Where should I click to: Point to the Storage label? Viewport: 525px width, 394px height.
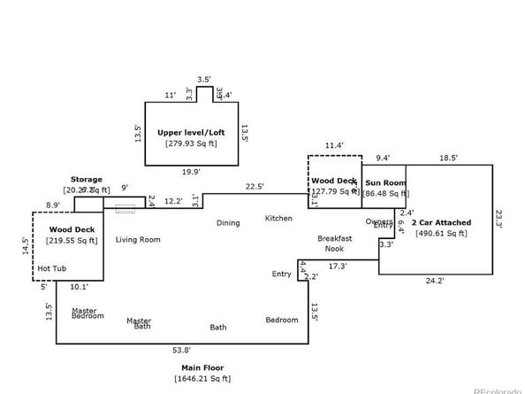87,179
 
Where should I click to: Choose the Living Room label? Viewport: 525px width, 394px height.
138,239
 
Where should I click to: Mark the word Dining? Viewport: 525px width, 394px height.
228,222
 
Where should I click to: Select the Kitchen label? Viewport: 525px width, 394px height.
278,217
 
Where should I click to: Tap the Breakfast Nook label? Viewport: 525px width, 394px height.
335,243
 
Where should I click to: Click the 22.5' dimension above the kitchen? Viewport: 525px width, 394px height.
255,186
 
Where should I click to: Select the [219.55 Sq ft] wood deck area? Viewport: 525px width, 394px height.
73,240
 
